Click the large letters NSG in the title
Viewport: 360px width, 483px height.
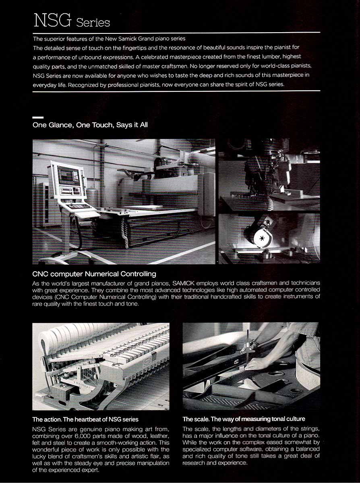click(x=52, y=20)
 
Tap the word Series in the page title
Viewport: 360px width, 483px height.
click(x=93, y=23)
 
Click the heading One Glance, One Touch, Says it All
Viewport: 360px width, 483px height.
click(x=90, y=125)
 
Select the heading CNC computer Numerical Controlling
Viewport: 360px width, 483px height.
click(x=94, y=274)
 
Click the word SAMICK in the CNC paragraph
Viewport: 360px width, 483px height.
click(x=183, y=283)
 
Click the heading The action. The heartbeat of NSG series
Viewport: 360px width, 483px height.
click(x=85, y=419)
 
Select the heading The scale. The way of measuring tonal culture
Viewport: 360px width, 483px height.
click(x=244, y=419)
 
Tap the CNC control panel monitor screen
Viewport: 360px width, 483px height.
click(x=68, y=175)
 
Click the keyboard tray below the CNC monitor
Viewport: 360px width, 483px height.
click(x=79, y=206)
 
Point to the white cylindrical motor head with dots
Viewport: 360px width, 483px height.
click(x=261, y=238)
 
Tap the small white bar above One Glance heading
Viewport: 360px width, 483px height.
click(x=38, y=118)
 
